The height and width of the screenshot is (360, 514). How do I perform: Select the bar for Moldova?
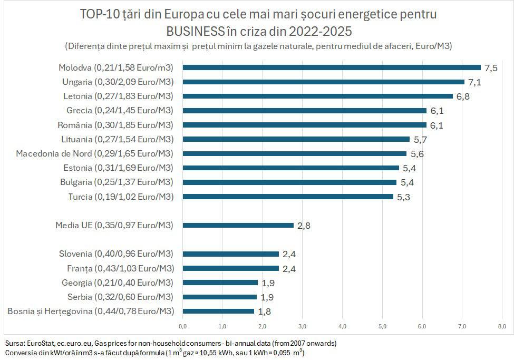tap(332, 67)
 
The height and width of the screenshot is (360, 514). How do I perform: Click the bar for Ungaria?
tap(324, 82)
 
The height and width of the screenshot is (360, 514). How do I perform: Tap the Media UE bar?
tap(238, 225)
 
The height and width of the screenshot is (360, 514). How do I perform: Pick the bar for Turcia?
tap(288, 197)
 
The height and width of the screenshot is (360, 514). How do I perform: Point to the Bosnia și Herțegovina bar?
tap(219, 311)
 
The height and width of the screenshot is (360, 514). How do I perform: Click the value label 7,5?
tap(491, 68)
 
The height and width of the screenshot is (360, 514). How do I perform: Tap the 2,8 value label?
tap(304, 226)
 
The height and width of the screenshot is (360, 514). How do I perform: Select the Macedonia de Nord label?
tap(95, 153)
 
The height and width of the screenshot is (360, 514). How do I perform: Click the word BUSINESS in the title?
tap(195, 30)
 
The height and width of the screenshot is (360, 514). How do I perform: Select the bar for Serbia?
tap(220, 297)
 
